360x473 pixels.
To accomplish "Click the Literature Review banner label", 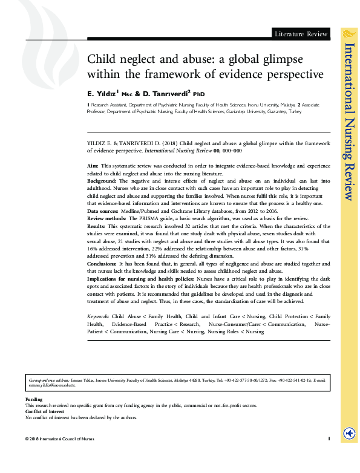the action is [x=301, y=34].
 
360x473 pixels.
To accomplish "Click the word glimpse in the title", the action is [x=274, y=59].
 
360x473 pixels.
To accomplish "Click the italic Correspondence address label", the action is [x=49, y=380].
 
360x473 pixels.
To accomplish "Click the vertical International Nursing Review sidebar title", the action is [x=349, y=121].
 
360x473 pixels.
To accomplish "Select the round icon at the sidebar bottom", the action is [x=349, y=434].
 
